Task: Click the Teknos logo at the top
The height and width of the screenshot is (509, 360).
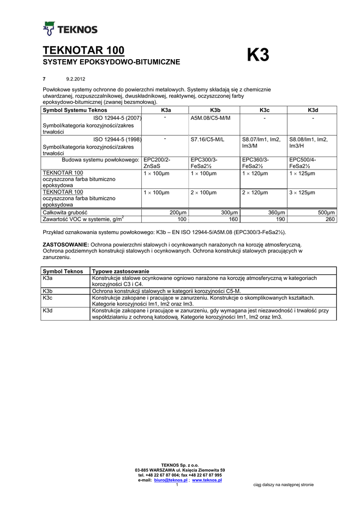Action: pos(70,29)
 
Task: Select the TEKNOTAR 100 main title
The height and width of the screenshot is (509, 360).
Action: pos(84,50)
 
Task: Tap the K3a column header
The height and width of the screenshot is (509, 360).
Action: pos(166,110)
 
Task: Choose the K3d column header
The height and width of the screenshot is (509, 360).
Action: pos(313,110)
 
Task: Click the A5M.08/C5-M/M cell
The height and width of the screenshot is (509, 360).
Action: pos(207,117)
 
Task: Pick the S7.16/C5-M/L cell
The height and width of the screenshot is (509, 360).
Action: pos(207,140)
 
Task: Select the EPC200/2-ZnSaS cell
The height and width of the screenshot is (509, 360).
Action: pos(157,163)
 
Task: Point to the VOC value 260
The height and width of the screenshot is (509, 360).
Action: pos(330,219)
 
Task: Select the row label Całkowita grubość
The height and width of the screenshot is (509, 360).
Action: pos(65,212)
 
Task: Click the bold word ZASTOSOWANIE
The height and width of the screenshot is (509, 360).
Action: pos(66,245)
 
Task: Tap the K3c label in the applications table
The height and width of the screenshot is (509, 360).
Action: pos(48,297)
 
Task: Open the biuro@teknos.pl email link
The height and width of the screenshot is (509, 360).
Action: pos(167,481)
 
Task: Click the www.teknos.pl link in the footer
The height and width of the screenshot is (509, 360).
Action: pos(206,481)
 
